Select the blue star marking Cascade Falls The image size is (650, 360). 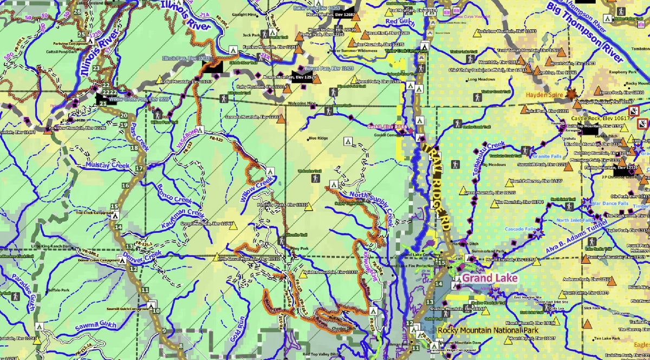pos(538,234)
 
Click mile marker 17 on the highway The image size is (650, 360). pos(139,168)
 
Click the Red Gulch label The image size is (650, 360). pos(399,22)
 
